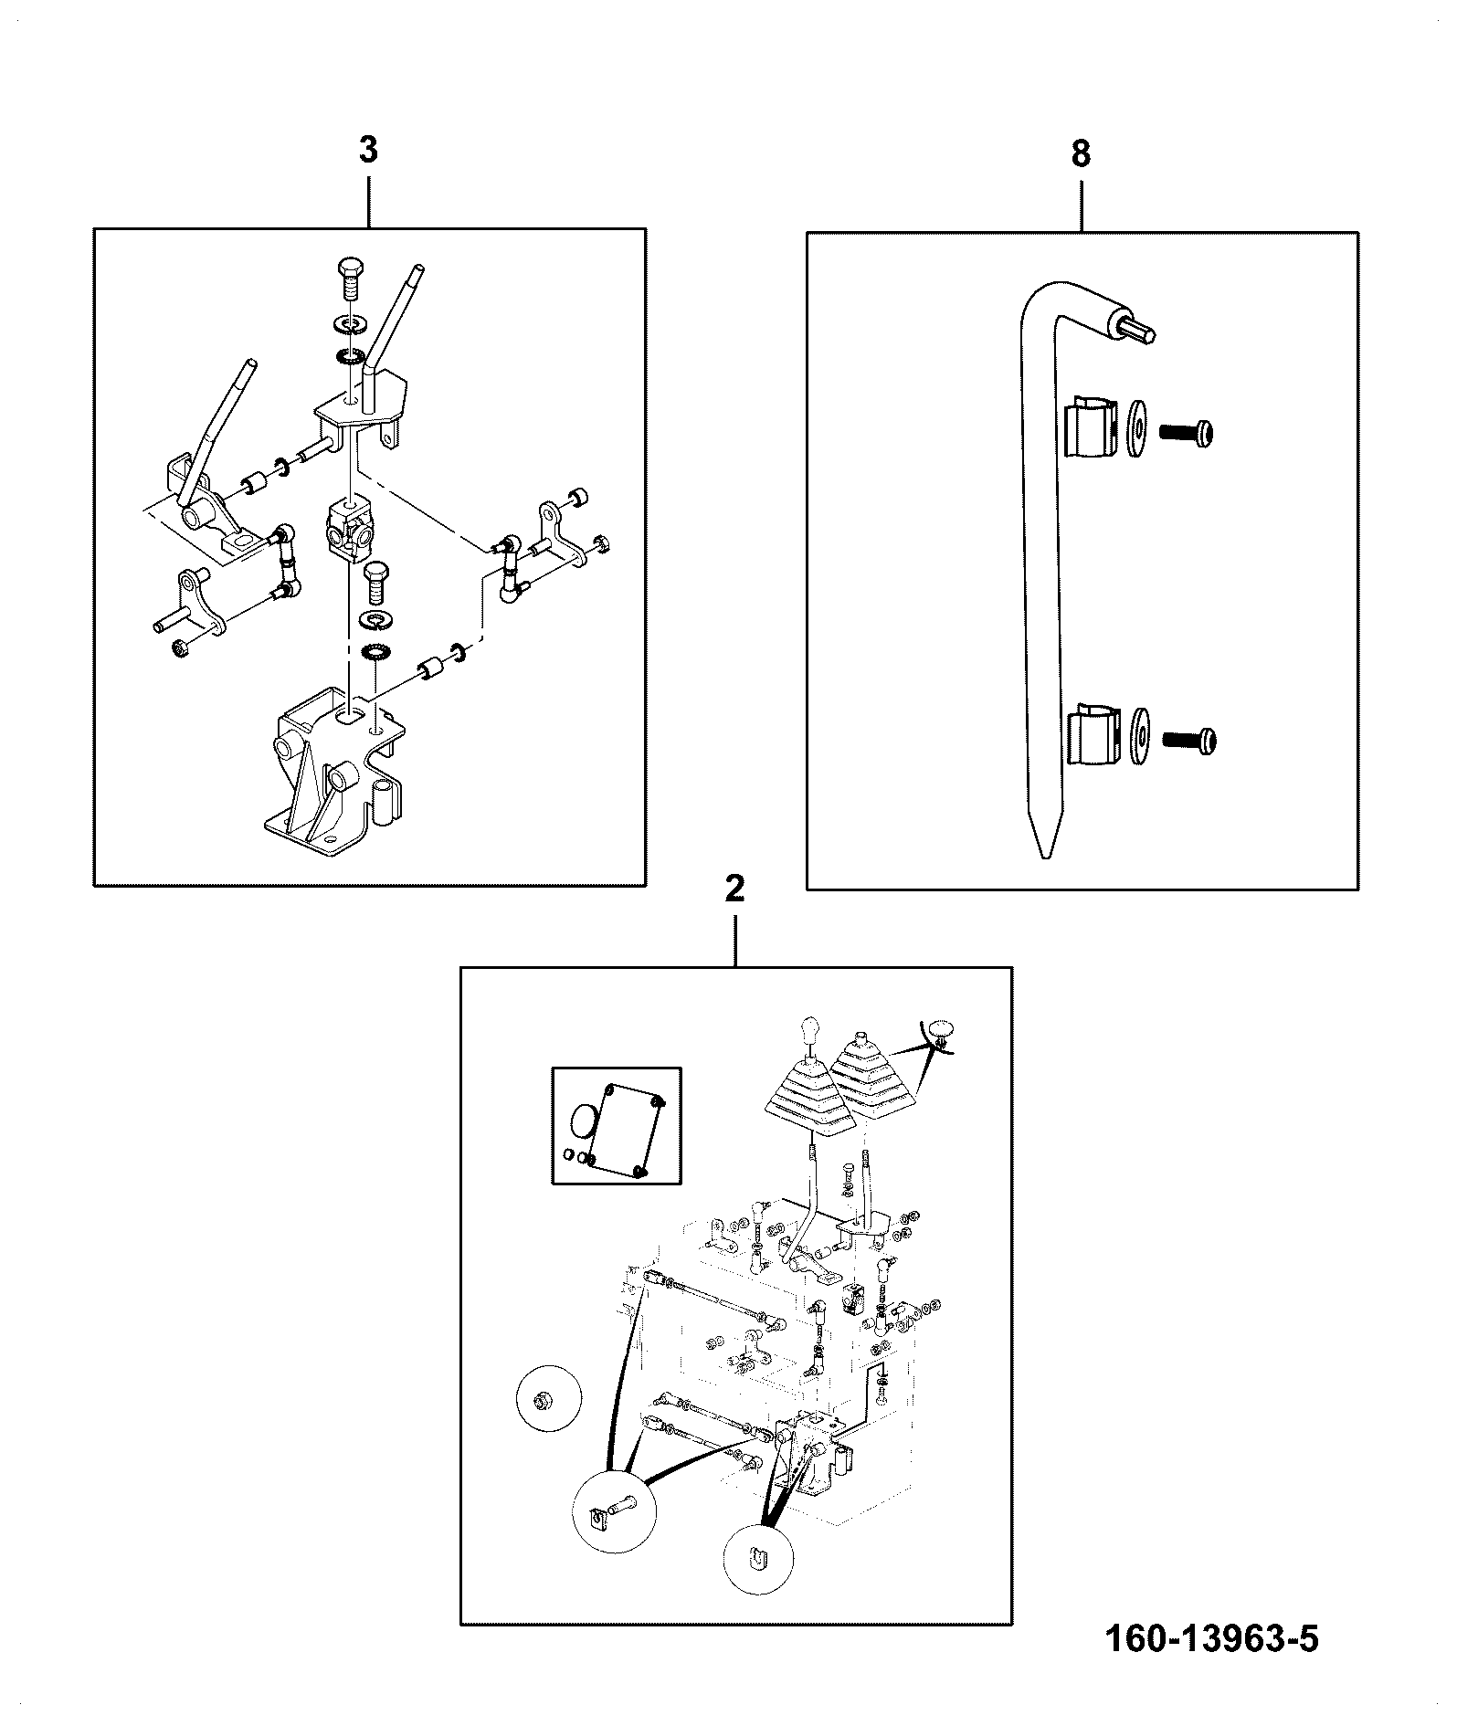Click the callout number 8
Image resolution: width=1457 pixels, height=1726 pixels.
[1081, 154]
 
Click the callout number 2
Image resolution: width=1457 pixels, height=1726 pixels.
[734, 889]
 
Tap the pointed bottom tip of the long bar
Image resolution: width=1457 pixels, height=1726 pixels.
[1042, 858]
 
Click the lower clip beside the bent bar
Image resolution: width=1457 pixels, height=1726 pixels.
[1093, 732]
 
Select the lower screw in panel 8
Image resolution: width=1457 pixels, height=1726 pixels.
[1189, 742]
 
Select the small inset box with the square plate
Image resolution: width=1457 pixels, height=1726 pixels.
[617, 1125]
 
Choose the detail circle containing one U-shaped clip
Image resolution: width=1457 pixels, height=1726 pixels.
[757, 1561]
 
